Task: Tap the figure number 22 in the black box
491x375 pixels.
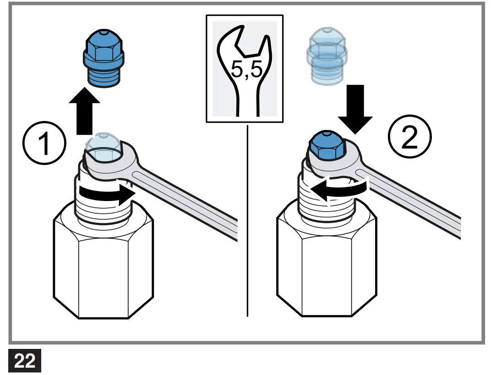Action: click(25, 361)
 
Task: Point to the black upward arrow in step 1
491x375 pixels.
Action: click(85, 113)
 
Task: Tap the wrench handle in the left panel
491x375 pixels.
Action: click(192, 201)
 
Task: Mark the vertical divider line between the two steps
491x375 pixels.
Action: click(247, 220)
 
